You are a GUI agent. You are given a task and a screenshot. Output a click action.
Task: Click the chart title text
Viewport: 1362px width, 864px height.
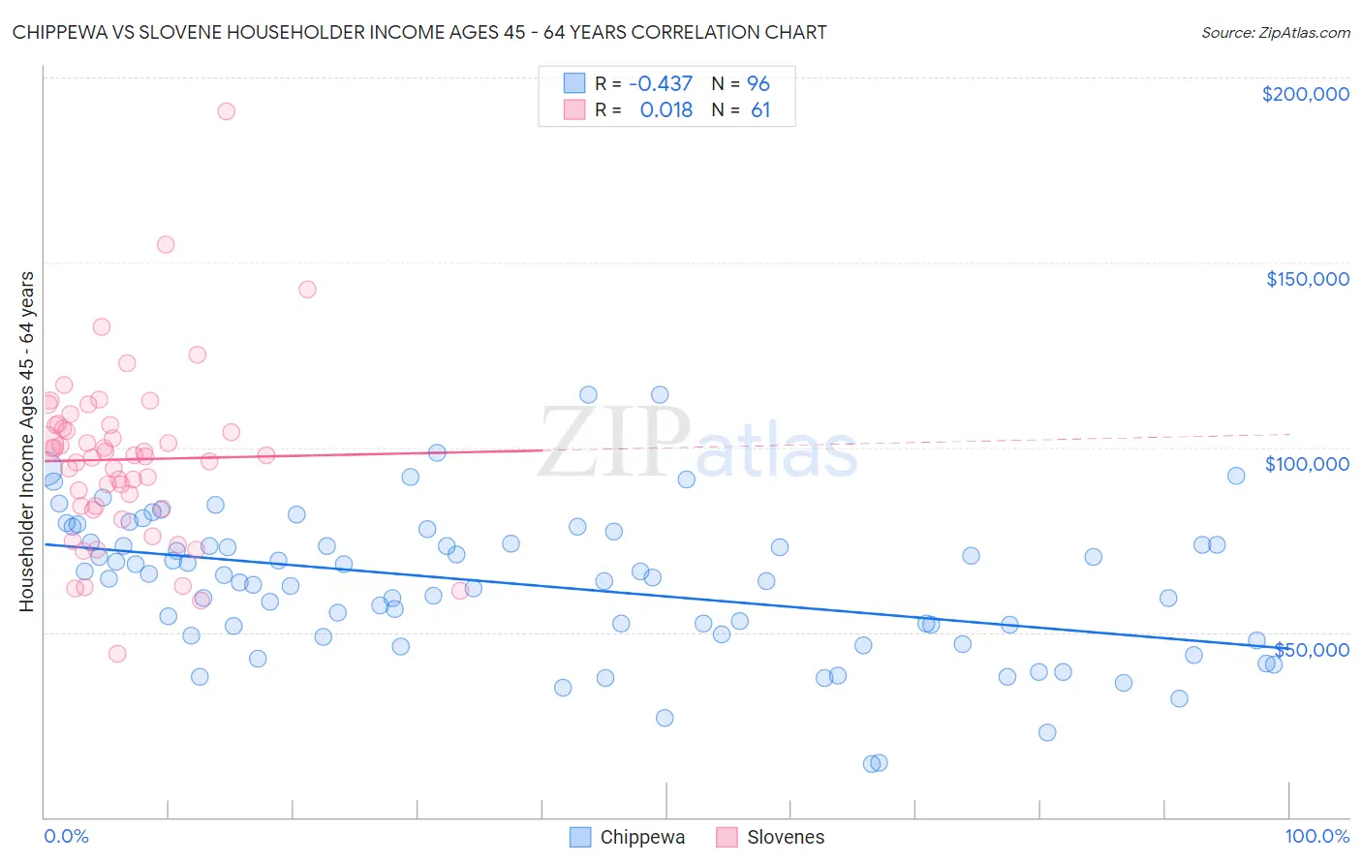point(419,32)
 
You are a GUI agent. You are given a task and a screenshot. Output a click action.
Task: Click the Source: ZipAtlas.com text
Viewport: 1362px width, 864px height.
point(1275,32)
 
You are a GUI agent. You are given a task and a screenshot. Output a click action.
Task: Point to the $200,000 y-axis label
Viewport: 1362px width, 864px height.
point(1305,94)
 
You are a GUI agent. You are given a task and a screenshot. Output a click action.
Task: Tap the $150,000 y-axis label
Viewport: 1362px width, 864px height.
point(1307,279)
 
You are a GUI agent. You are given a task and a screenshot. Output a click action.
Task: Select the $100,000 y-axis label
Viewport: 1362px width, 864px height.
point(1307,464)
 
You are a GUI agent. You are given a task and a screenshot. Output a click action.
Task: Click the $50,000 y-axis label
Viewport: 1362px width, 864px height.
point(1313,649)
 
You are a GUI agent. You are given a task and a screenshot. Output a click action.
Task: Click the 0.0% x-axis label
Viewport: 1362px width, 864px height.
point(66,836)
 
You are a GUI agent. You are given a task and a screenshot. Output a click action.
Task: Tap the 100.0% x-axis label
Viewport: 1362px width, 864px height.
point(1316,836)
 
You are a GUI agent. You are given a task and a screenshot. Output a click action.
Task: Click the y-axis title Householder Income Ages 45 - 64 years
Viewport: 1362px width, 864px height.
point(26,441)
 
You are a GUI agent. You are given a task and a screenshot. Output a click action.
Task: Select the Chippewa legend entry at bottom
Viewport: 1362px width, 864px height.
point(641,837)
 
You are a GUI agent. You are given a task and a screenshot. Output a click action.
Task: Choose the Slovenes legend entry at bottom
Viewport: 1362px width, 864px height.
point(785,837)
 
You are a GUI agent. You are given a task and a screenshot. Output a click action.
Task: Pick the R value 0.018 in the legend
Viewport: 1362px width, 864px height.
point(666,109)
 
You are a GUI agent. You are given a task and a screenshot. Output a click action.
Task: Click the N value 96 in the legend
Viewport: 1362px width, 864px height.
point(758,83)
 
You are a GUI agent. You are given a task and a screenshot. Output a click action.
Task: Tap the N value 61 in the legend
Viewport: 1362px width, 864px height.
point(760,109)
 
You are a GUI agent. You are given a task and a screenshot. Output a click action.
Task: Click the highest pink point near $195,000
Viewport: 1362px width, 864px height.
point(226,110)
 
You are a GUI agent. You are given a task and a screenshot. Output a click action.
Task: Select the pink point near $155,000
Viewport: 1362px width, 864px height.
point(166,244)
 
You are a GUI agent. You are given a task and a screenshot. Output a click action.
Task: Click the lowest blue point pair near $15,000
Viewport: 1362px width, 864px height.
point(876,763)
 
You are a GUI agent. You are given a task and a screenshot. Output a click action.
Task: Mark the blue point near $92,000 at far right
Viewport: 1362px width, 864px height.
point(1236,476)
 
